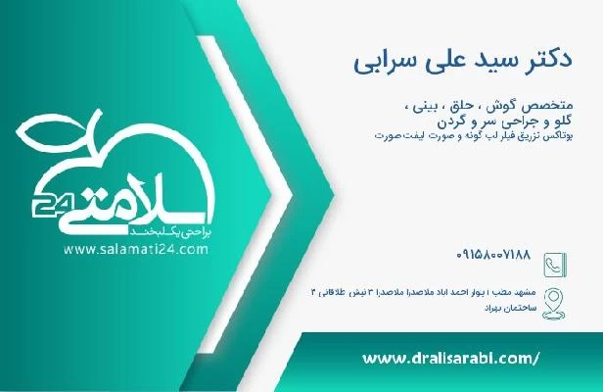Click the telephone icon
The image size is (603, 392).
553,264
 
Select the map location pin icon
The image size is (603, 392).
553,298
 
